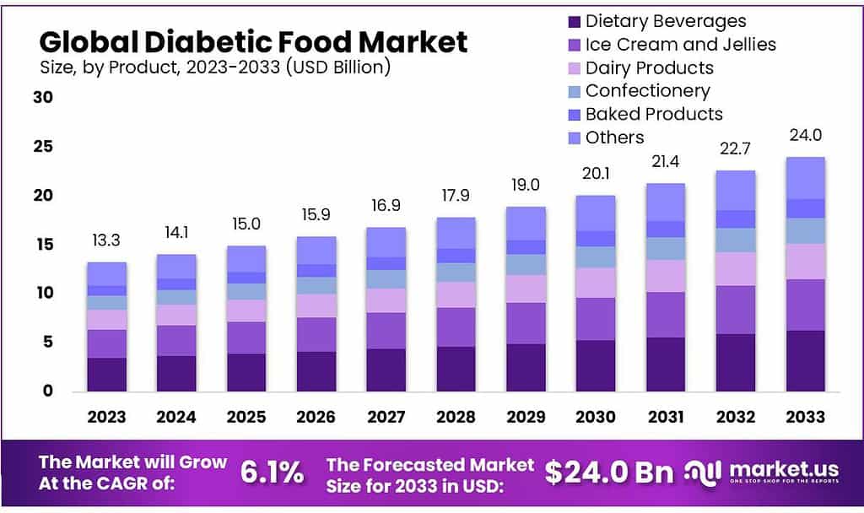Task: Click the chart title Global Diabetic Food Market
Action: point(252,40)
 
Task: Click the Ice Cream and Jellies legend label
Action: point(680,44)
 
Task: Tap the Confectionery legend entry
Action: point(647,90)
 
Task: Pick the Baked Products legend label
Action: point(654,114)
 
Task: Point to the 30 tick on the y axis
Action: point(43,98)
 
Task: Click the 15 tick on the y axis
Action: point(43,245)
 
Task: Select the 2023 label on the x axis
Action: point(106,417)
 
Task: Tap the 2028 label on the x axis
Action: point(455,417)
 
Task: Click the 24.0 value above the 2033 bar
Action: point(804,136)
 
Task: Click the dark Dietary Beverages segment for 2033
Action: point(804,360)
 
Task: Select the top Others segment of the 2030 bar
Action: point(595,213)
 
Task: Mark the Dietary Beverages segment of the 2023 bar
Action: point(106,374)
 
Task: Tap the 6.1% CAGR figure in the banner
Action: point(272,473)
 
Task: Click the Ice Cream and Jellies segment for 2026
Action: point(316,334)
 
